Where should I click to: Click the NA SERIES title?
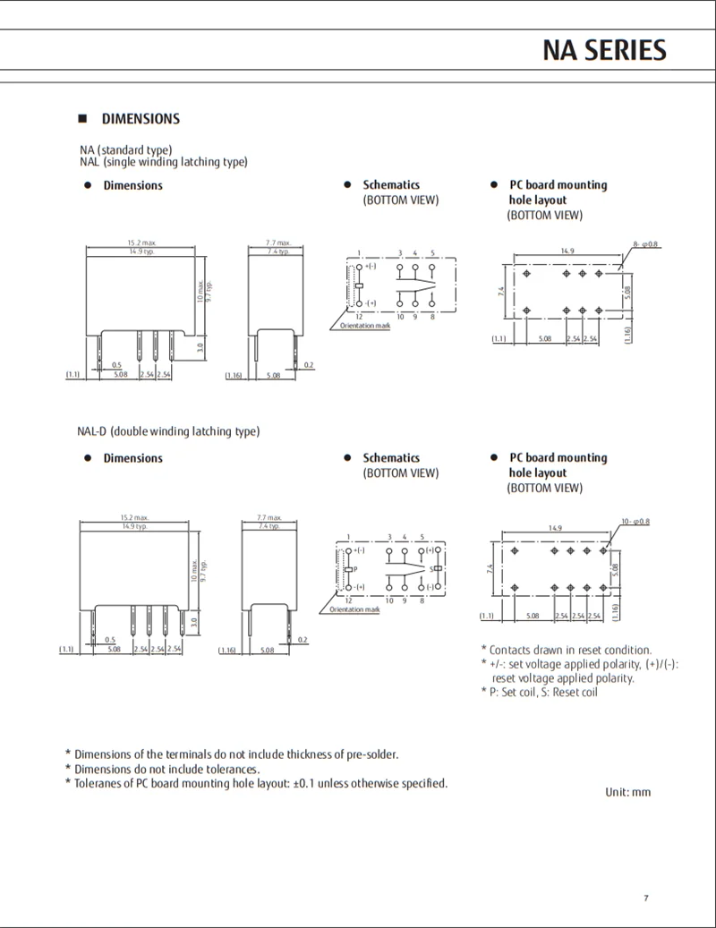pos(604,50)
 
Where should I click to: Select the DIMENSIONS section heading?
pos(141,119)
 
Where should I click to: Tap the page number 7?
pos(645,898)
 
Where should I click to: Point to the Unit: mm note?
pos(627,793)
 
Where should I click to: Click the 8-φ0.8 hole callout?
pos(645,244)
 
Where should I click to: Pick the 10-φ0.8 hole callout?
pos(635,521)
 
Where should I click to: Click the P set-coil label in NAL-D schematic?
pos(355,569)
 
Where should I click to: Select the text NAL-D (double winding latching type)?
pos(168,431)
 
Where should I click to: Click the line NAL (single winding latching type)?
pos(163,162)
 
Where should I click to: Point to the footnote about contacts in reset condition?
pos(566,650)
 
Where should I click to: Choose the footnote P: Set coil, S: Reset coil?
pos(538,693)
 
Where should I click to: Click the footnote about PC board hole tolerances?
pos(256,784)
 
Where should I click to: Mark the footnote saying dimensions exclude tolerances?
pos(162,769)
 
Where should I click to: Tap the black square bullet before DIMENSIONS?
pos(82,119)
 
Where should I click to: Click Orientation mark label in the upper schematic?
pos(365,326)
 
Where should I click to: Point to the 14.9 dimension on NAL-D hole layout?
pos(555,528)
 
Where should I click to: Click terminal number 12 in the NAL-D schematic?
pos(348,600)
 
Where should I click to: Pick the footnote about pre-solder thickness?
pos(232,754)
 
